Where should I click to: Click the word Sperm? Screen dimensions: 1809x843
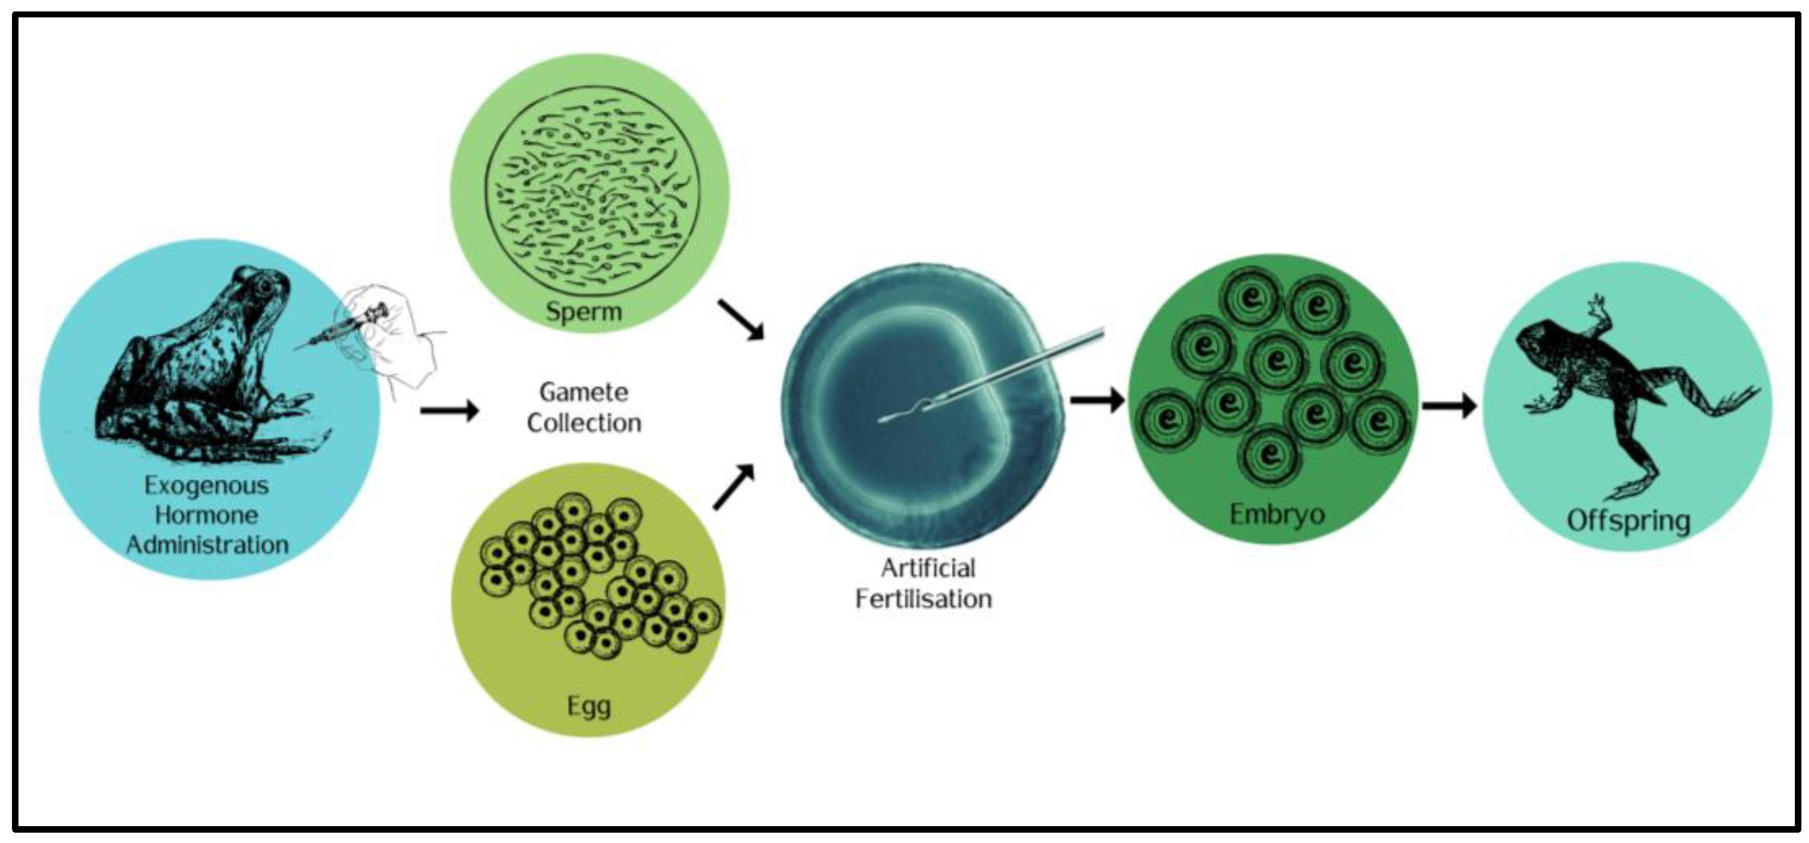pos(584,311)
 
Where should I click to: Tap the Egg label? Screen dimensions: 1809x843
pos(588,706)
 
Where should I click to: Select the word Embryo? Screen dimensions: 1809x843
pos(1277,515)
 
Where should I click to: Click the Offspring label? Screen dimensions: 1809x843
pos(1628,521)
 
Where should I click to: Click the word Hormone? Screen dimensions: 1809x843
pos(207,515)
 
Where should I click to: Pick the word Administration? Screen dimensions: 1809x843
pos(208,544)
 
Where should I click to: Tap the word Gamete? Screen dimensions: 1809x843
pos(584,392)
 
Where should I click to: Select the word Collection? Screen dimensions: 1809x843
pos(584,423)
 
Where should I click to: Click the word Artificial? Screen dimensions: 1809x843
pos(928,568)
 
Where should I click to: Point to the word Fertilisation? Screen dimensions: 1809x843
pos(924,598)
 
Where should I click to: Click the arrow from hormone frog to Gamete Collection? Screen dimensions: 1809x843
pos(449,410)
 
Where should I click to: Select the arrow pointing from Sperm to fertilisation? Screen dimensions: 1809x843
pos(741,320)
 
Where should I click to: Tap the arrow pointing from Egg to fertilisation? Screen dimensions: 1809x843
pos(734,486)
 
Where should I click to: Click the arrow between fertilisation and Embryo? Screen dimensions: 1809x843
pos(1097,400)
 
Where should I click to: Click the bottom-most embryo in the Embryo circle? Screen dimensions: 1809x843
pos(1269,455)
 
